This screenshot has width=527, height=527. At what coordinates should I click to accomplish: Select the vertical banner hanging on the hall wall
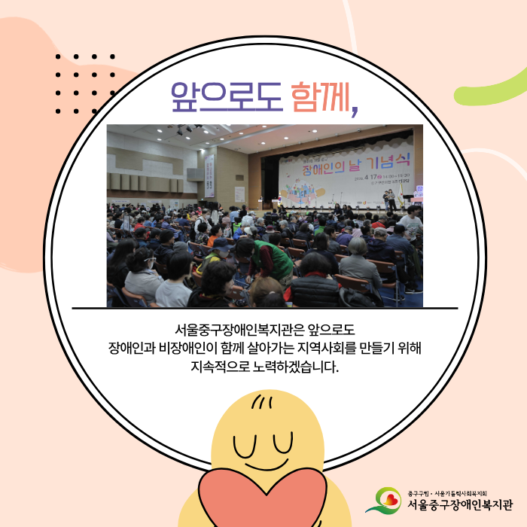(209, 176)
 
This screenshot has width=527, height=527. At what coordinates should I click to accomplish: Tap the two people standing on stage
(390, 199)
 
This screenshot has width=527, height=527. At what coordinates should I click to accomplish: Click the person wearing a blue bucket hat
(223, 245)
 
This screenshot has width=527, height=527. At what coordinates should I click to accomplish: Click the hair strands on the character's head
(260, 401)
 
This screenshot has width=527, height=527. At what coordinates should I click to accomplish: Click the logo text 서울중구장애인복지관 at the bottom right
(461, 504)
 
